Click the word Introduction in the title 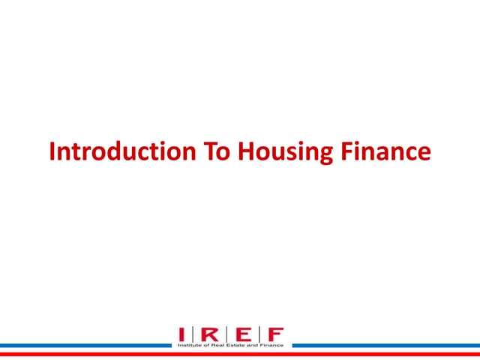tap(122, 151)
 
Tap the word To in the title tap(217, 151)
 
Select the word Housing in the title tap(285, 153)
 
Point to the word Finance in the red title tap(386, 151)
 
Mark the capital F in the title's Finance tap(347, 151)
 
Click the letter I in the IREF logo tap(181, 334)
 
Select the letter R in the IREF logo tap(210, 334)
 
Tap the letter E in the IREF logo tap(244, 334)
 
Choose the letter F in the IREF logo tap(276, 334)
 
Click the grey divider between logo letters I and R tap(193, 334)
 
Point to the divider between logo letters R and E tap(226, 334)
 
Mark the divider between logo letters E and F tap(259, 334)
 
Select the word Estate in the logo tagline tap(235, 345)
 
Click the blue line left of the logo tap(85, 346)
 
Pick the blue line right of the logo tap(386, 346)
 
